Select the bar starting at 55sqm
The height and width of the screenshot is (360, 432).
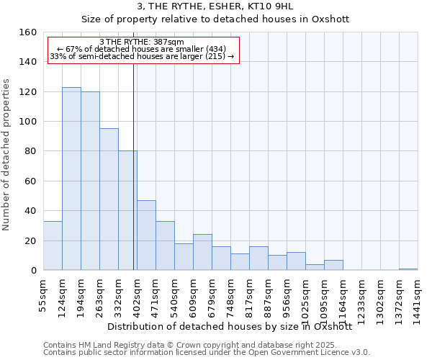(x=53, y=246)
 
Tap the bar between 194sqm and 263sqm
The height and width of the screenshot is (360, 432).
(x=90, y=181)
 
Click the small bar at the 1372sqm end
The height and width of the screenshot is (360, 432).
(x=408, y=269)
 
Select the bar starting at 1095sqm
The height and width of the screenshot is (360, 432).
(x=333, y=265)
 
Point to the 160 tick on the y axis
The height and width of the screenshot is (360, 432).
(x=27, y=32)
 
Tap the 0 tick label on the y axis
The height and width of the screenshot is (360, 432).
(x=32, y=271)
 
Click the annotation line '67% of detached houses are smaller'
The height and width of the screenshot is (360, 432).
(x=142, y=49)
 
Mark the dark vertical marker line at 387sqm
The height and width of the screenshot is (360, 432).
(x=134, y=166)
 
